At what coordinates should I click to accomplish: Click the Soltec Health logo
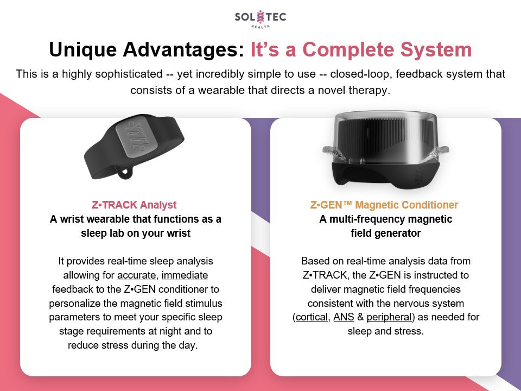click(260, 18)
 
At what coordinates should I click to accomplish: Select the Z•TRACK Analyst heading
click(135, 205)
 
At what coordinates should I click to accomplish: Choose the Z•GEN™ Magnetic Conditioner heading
click(384, 205)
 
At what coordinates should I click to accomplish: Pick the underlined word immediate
click(185, 275)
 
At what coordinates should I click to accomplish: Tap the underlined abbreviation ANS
click(344, 317)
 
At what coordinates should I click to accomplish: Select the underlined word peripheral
click(390, 317)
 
